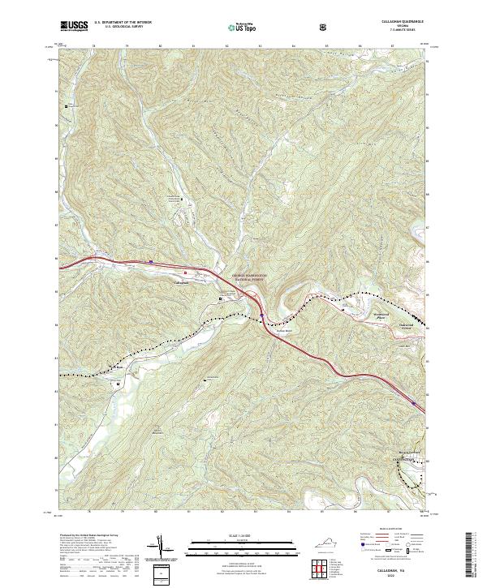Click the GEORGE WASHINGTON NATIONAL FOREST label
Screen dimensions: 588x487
coord(251,277)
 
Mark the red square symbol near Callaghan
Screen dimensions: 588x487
coord(185,272)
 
